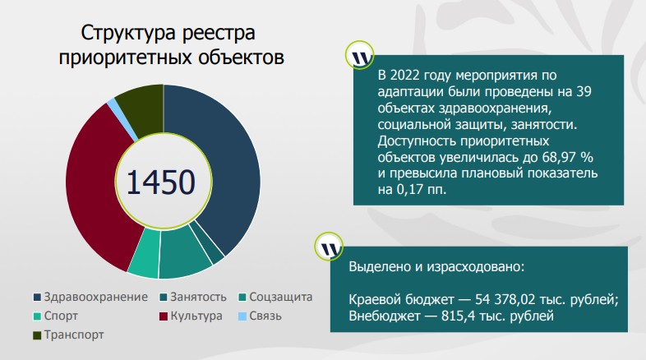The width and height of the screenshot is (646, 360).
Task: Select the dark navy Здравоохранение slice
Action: [x=230, y=164]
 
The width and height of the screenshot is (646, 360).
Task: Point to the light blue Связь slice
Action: [x=111, y=103]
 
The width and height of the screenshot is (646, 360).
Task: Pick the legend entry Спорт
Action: [x=62, y=316]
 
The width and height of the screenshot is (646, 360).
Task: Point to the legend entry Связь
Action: [x=265, y=316]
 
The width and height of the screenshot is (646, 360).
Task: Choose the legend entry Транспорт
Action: [x=73, y=335]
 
